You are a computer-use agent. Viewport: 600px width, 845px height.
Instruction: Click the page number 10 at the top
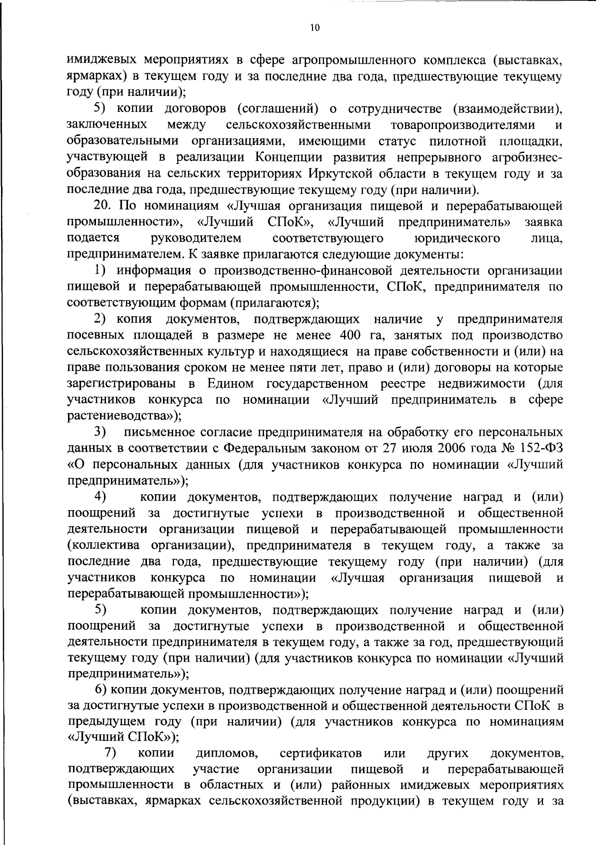pyautogui.click(x=314, y=29)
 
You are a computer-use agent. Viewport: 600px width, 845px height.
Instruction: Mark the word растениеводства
pyautogui.click(x=122, y=416)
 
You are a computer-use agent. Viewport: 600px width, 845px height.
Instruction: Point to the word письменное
pyautogui.click(x=159, y=432)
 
